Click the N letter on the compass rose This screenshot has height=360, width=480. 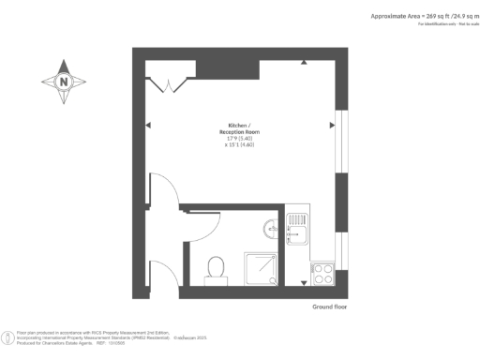64,82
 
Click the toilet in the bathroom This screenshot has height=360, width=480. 216,268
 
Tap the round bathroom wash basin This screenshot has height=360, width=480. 271,227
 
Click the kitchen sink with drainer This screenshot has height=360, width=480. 299,229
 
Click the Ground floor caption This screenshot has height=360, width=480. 329,307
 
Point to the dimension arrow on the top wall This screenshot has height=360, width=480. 304,63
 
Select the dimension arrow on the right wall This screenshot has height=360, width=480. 331,124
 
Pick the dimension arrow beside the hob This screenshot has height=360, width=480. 304,281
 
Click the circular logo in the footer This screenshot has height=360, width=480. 8,335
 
